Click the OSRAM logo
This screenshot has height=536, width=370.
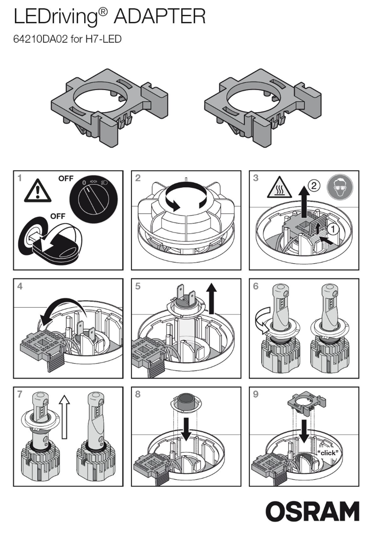pyautogui.click(x=312, y=511)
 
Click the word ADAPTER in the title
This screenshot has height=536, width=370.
pyautogui.click(x=160, y=18)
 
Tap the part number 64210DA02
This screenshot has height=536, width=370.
pyautogui.click(x=41, y=39)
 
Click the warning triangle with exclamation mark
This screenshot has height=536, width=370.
pyautogui.click(x=35, y=190)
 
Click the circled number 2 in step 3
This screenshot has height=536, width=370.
pyautogui.click(x=313, y=186)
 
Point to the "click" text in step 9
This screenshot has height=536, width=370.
pyautogui.click(x=327, y=453)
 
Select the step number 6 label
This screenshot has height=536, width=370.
pyautogui.click(x=256, y=286)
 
